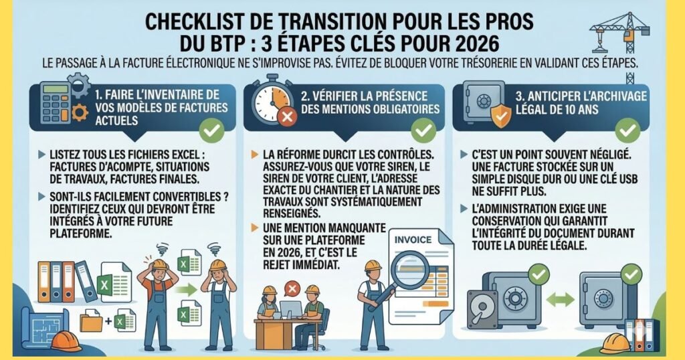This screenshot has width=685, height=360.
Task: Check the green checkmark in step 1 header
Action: click(x=212, y=130)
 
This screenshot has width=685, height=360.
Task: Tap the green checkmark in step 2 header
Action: click(x=423, y=130)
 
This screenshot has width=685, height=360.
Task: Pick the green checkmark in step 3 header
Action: click(x=627, y=130)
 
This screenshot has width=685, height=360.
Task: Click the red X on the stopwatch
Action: click(x=288, y=118)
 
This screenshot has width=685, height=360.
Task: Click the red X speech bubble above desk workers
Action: click(x=291, y=288)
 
